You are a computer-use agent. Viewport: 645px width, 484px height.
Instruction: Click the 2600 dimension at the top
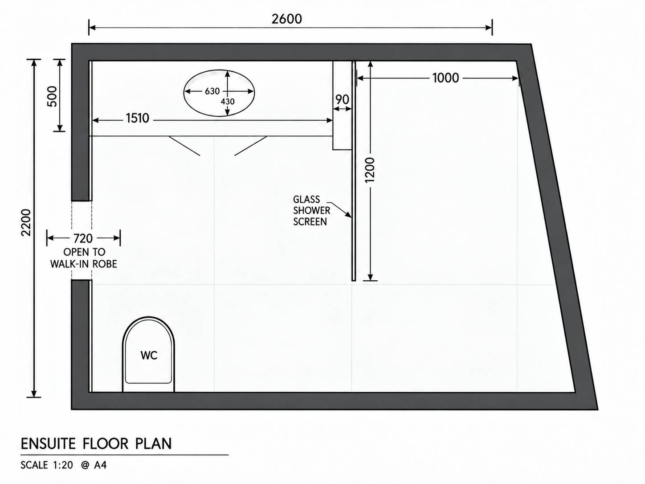(x=286, y=19)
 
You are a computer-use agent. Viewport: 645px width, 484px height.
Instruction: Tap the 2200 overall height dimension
(x=26, y=222)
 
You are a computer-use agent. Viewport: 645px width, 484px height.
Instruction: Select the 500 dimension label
(x=52, y=96)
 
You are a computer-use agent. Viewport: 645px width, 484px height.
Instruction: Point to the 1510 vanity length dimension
(x=138, y=118)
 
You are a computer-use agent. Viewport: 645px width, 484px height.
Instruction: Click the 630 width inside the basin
(x=212, y=91)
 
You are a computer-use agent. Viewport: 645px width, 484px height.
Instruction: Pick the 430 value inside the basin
(x=228, y=102)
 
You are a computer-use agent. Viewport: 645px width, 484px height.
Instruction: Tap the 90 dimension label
(x=343, y=100)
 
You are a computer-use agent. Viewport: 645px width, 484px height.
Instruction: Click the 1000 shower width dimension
(x=445, y=78)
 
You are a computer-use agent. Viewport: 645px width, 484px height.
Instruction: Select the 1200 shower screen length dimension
(x=370, y=170)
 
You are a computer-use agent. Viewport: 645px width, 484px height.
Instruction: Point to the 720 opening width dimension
(x=83, y=238)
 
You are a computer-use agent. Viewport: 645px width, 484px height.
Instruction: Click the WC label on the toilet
(x=149, y=356)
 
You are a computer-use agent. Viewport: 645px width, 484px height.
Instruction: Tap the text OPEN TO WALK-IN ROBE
(x=84, y=258)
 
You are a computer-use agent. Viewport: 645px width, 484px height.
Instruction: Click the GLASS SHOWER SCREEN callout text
(x=311, y=210)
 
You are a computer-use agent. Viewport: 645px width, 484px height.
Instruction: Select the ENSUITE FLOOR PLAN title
(x=96, y=444)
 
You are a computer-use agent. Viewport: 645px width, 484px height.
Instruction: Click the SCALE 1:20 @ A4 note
(x=63, y=465)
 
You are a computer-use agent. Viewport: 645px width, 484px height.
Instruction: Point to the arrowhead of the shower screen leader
(x=351, y=217)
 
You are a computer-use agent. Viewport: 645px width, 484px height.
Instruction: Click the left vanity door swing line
(x=184, y=146)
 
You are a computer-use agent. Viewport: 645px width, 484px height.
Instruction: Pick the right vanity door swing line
(x=251, y=146)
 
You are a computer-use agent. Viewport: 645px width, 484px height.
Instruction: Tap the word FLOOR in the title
(x=106, y=444)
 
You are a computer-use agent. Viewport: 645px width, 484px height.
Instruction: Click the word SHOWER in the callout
(x=311, y=210)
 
